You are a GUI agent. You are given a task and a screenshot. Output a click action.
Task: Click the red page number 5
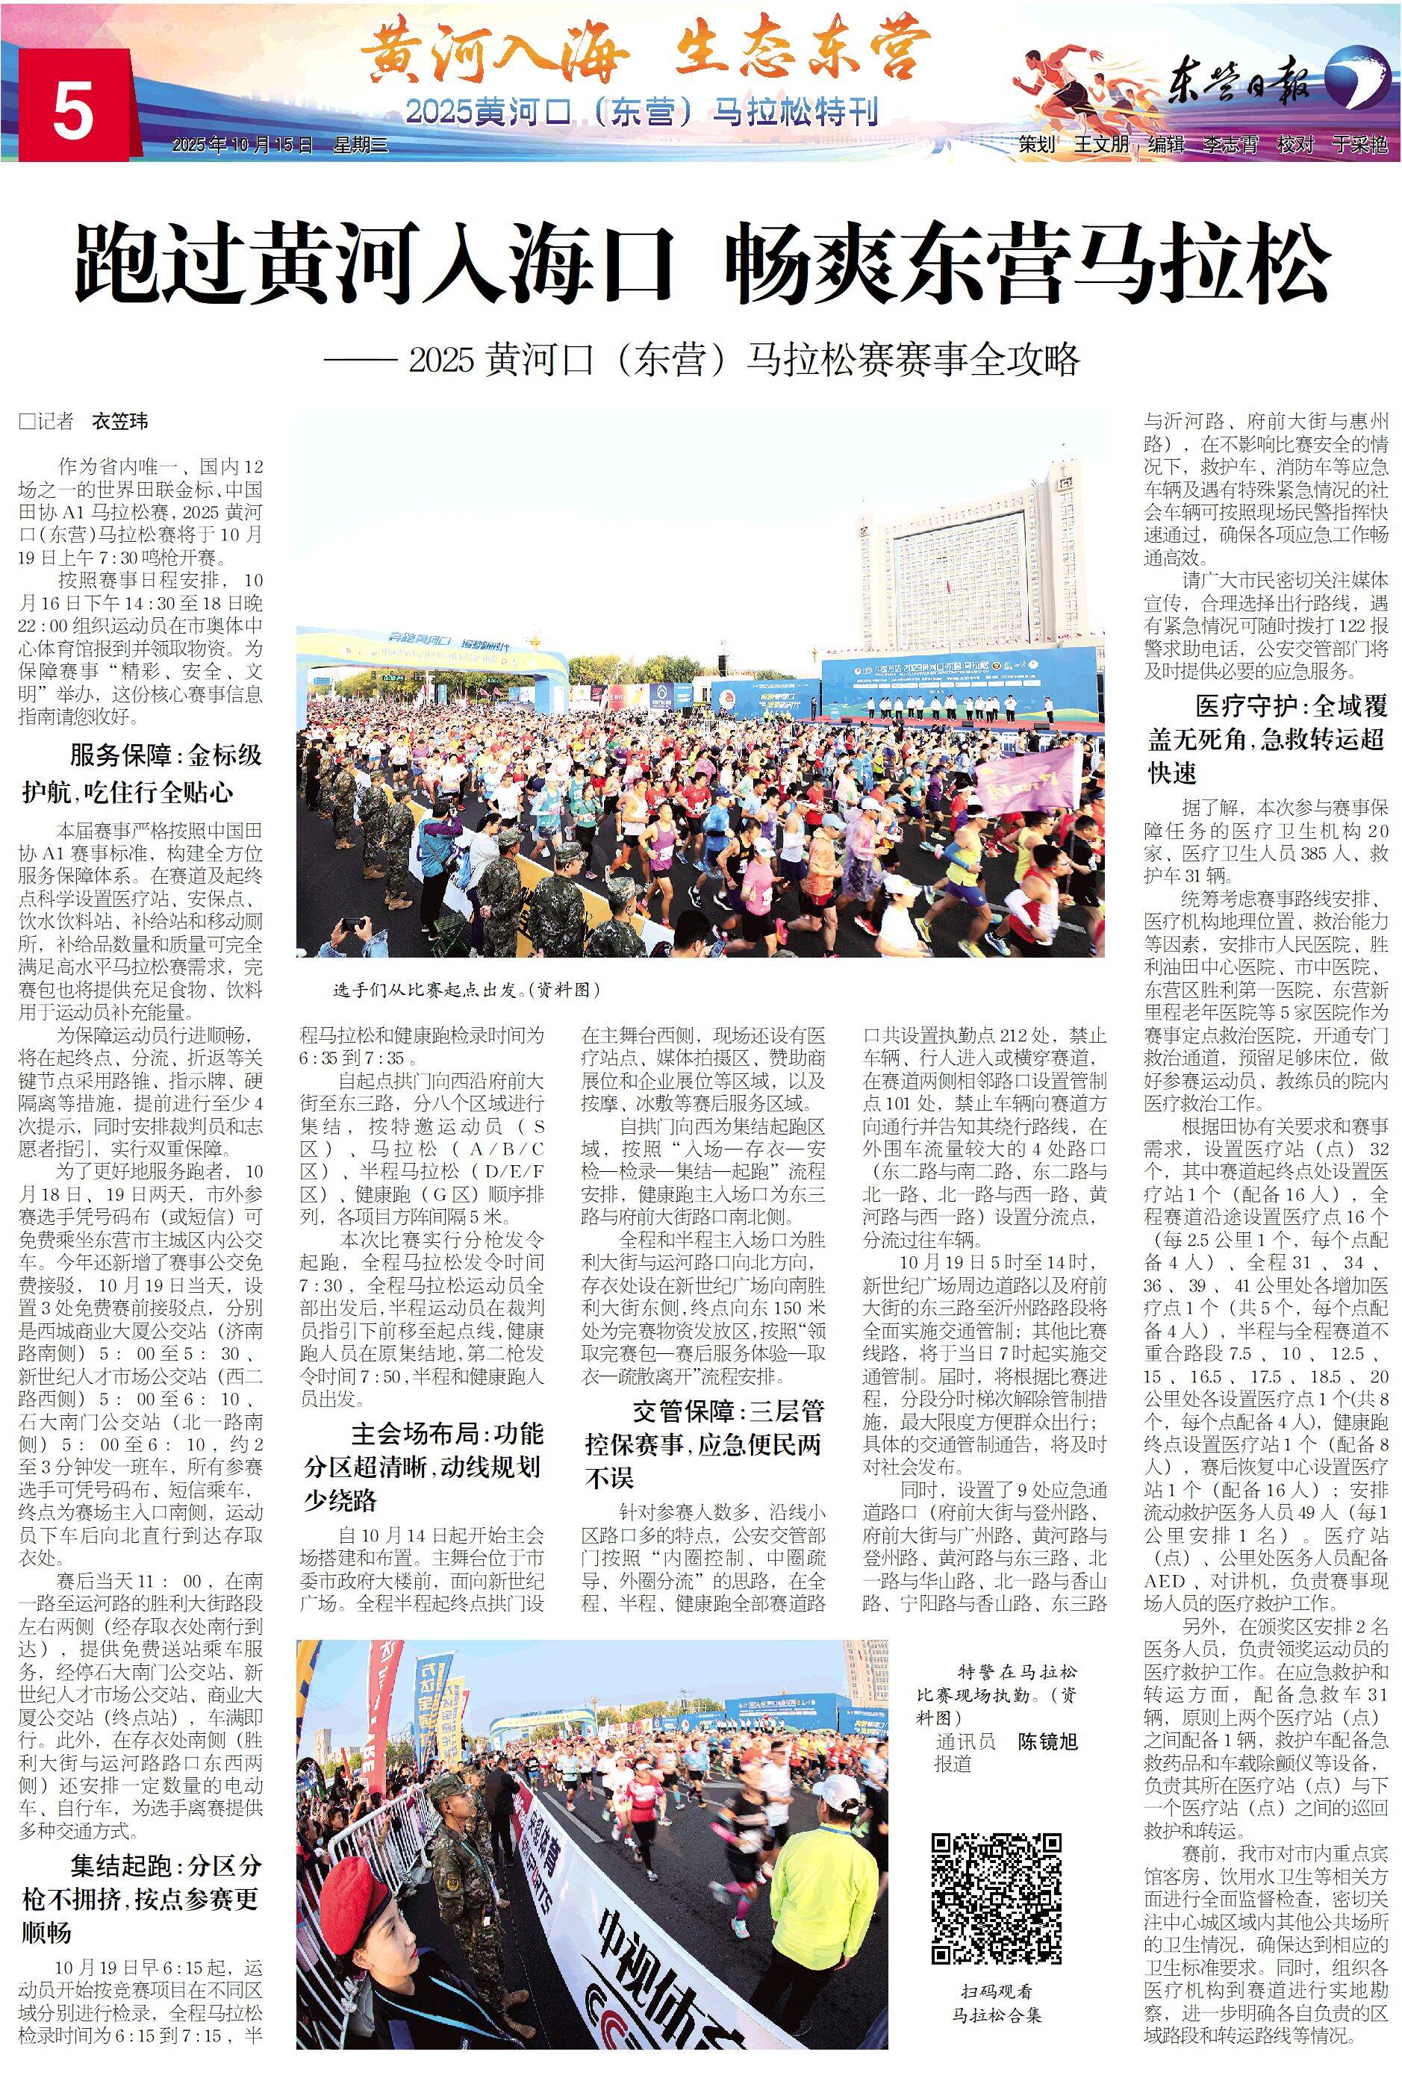pyautogui.click(x=72, y=114)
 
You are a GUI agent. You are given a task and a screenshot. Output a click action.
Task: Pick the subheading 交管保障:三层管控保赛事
pyautogui.click(x=704, y=1444)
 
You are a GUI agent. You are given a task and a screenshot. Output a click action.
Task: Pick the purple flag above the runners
pyautogui.click(x=1028, y=774)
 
